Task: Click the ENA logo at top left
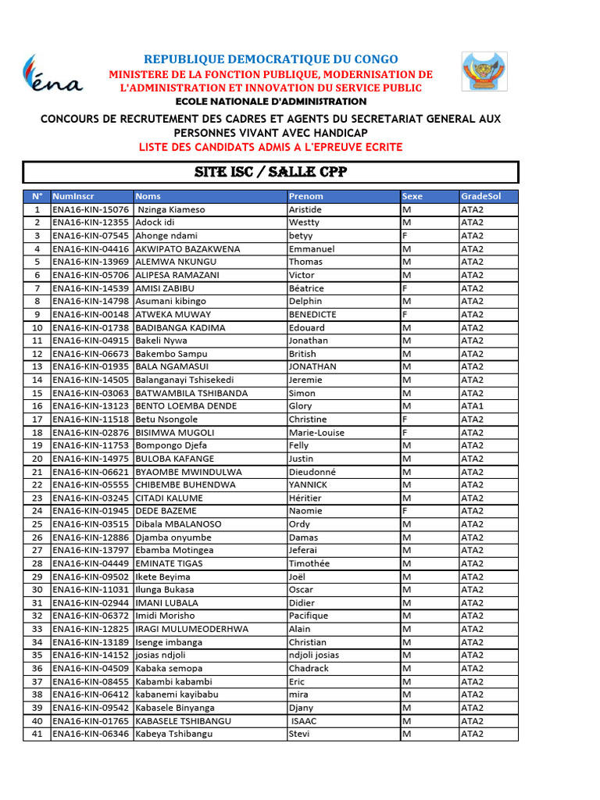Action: coord(52,75)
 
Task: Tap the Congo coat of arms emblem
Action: coord(484,72)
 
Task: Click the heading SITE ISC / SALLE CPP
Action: coord(270,173)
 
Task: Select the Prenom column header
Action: coord(305,196)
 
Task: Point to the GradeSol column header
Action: coord(480,196)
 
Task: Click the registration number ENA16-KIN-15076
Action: coord(91,209)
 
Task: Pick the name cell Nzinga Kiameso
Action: coord(171,209)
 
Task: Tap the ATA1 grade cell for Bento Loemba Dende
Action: coord(473,406)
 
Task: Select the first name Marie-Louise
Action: coord(316,432)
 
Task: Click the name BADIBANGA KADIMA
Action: coord(180,327)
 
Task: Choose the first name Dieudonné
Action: coord(312,472)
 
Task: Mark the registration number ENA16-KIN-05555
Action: coord(91,484)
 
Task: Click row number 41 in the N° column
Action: coord(37,734)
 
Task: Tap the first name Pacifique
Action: coord(309,616)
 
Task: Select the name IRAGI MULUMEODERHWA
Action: coord(192,629)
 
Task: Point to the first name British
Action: coord(302,354)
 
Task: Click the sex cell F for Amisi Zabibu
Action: coord(405,288)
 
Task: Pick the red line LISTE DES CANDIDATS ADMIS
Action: coord(270,147)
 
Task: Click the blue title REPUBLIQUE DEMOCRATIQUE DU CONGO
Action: coord(270,59)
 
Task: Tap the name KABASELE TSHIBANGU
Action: coord(184,720)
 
